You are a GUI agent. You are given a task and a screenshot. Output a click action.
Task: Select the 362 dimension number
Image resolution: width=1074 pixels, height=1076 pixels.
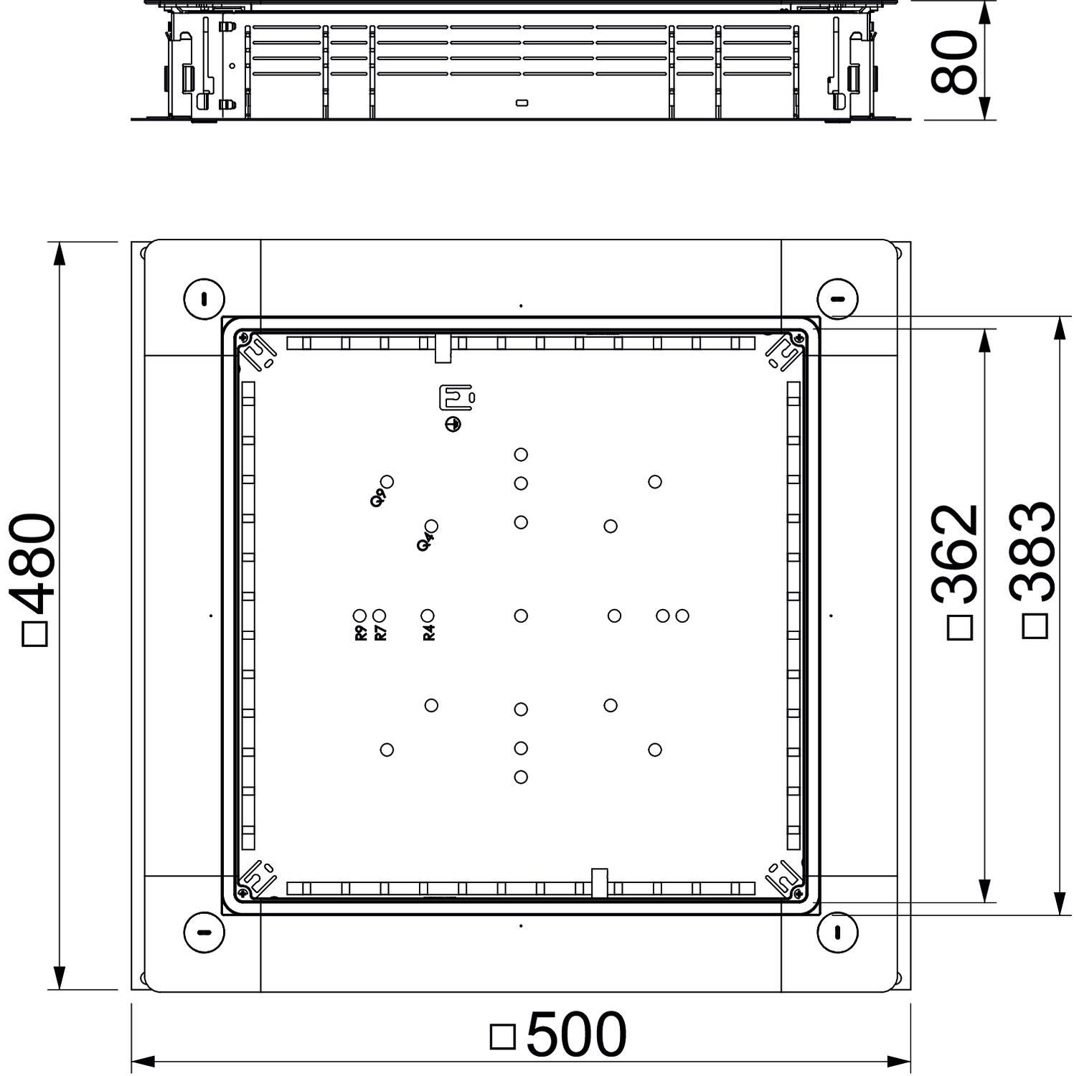coord(956,554)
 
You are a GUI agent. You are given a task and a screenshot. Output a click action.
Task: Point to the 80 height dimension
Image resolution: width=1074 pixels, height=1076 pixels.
coord(954,62)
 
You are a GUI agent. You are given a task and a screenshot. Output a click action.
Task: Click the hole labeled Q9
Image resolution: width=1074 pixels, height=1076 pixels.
coord(387,481)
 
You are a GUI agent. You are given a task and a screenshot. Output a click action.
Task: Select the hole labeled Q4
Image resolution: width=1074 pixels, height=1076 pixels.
coord(431,527)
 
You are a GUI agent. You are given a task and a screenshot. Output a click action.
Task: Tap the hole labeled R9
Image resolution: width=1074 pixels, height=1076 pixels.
coord(360,615)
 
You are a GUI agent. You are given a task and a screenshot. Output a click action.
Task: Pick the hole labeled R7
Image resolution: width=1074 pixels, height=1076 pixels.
coord(380,615)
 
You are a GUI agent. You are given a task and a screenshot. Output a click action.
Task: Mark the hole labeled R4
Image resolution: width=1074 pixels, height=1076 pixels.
coord(428,615)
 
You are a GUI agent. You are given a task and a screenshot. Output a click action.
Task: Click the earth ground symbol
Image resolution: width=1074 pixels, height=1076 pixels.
coord(453,425)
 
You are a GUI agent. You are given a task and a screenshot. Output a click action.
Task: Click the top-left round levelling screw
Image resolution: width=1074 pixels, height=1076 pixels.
coord(204,298)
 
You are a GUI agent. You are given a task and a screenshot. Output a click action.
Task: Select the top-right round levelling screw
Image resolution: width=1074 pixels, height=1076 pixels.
coord(837,298)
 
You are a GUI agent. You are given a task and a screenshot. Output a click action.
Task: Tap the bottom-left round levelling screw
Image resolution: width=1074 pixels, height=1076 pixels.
coord(204,933)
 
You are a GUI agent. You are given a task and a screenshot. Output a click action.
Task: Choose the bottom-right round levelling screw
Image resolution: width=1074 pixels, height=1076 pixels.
coord(837,933)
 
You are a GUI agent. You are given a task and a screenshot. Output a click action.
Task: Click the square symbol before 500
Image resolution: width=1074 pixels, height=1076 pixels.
coord(503,1037)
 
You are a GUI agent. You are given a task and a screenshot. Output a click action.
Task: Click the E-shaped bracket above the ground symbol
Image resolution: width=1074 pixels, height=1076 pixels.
coord(456,398)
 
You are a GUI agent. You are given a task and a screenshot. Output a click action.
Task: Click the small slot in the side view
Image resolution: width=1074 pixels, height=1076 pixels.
coord(522,103)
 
